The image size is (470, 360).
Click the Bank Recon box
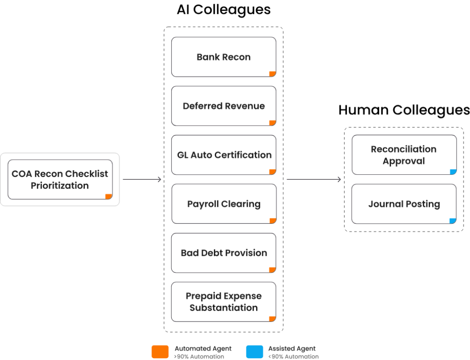click(224, 57)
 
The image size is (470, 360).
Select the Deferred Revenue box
click(224, 106)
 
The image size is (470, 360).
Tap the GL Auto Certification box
click(224, 155)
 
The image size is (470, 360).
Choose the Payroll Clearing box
click(224, 204)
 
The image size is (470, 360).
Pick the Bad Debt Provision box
click(224, 253)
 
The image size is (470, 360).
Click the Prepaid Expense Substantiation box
click(224, 302)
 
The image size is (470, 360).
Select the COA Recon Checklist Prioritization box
click(60, 180)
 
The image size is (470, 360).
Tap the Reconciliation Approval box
click(404, 155)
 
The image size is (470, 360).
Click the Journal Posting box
click(404, 204)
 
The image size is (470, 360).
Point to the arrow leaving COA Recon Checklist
click(142, 180)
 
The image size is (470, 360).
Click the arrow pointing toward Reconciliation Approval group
click(314, 180)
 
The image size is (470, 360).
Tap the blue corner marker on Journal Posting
click(453, 221)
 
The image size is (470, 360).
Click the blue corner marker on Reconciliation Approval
click(453, 172)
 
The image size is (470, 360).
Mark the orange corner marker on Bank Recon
click(273, 74)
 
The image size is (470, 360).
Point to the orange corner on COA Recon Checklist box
click(109, 197)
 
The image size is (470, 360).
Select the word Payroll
click(204, 204)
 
